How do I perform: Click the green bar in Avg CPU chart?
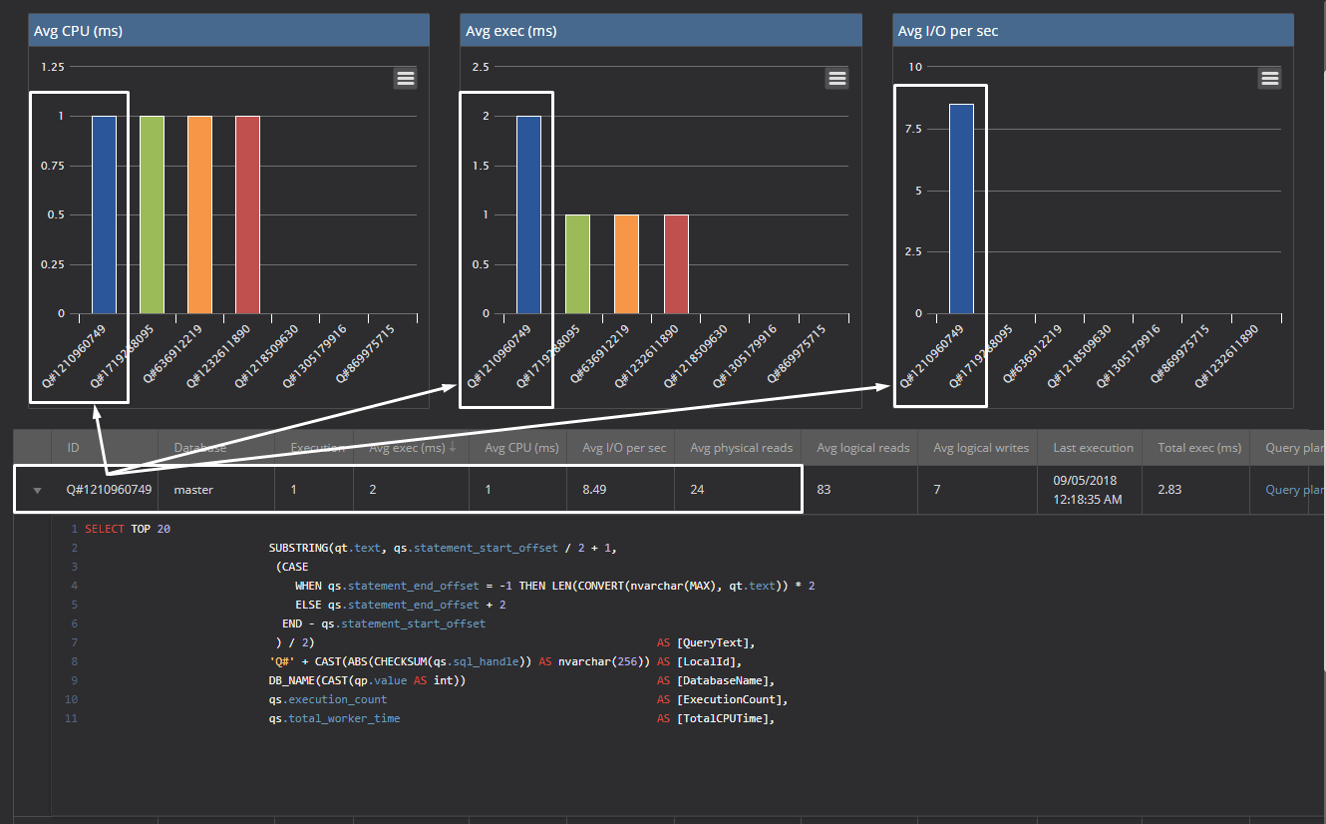(153, 214)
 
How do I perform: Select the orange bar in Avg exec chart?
(626, 263)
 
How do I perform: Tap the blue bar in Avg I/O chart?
(961, 208)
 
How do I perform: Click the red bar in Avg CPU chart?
(247, 214)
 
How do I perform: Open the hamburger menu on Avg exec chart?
(837, 78)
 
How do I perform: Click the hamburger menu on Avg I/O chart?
(1269, 78)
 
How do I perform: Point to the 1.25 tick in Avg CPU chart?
(52, 67)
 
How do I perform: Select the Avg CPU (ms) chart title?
(78, 31)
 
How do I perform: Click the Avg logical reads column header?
(862, 448)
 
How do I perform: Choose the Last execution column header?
(1093, 448)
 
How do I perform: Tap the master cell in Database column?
(193, 490)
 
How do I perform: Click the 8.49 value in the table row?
(597, 490)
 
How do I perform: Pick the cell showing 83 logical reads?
(825, 490)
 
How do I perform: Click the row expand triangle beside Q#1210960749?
(37, 491)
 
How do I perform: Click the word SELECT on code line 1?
(105, 529)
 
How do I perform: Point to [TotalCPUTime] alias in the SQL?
(722, 718)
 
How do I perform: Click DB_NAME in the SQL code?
(292, 680)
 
